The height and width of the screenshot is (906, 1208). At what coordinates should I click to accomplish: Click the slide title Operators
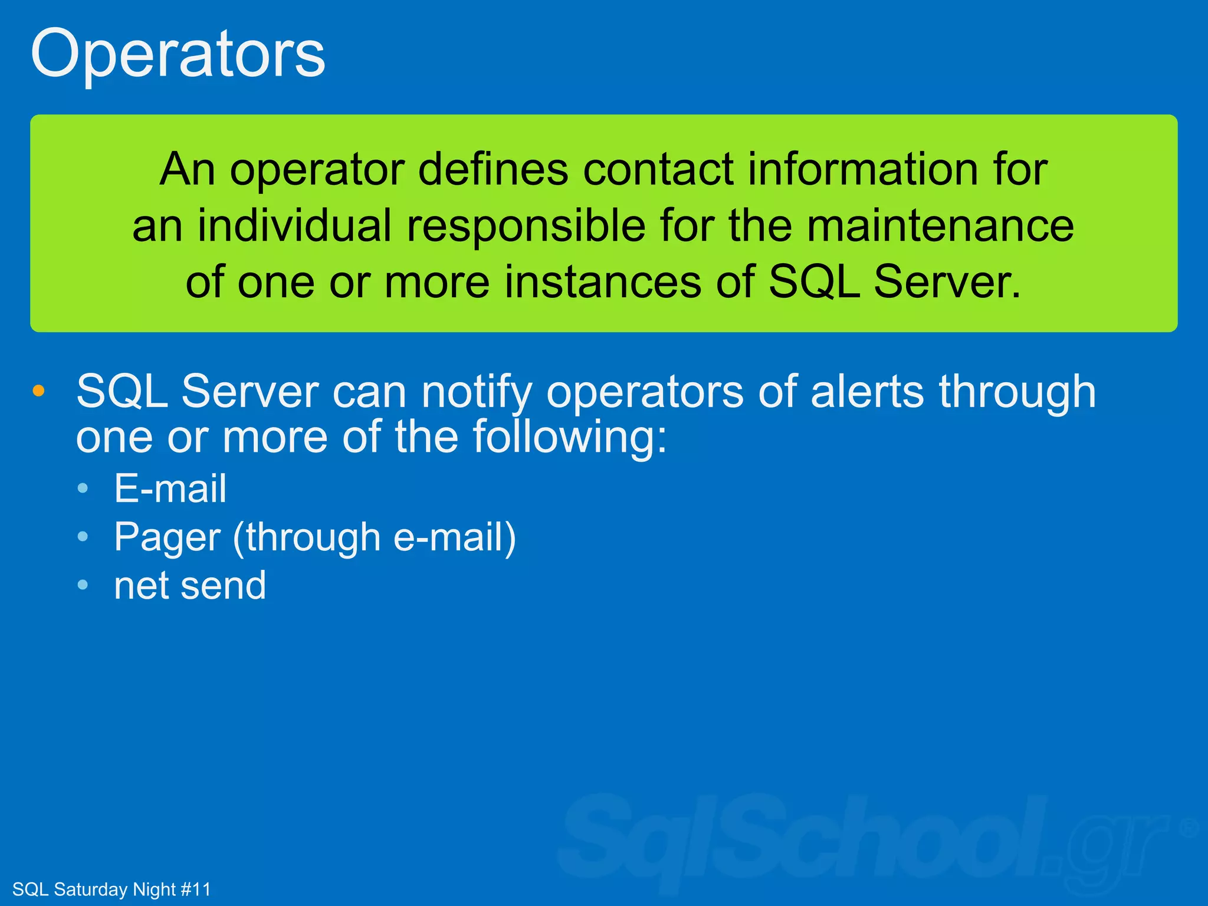tap(178, 54)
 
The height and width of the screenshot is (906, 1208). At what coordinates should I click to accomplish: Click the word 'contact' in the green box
tap(658, 170)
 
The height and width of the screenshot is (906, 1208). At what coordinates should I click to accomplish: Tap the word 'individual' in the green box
tap(294, 226)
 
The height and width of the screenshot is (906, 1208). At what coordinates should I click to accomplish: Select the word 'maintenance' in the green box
tap(940, 226)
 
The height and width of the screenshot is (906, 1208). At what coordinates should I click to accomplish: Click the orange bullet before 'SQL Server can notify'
tap(38, 390)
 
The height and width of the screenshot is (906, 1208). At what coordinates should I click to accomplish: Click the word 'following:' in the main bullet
tap(570, 438)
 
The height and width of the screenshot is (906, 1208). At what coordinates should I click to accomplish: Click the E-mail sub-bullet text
tap(170, 488)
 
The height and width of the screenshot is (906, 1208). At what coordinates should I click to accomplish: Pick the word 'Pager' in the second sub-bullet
tap(167, 538)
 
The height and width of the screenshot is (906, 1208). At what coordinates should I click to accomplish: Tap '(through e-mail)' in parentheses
tap(375, 538)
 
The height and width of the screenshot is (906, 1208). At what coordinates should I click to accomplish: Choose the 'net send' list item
tap(190, 586)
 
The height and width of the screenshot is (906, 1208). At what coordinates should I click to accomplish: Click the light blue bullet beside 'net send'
tap(83, 585)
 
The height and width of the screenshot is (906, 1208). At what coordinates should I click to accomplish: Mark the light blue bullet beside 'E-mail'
tap(83, 488)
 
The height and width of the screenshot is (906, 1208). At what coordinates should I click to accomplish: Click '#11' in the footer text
tap(195, 889)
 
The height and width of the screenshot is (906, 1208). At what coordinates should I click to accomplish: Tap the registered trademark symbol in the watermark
tap(1189, 828)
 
